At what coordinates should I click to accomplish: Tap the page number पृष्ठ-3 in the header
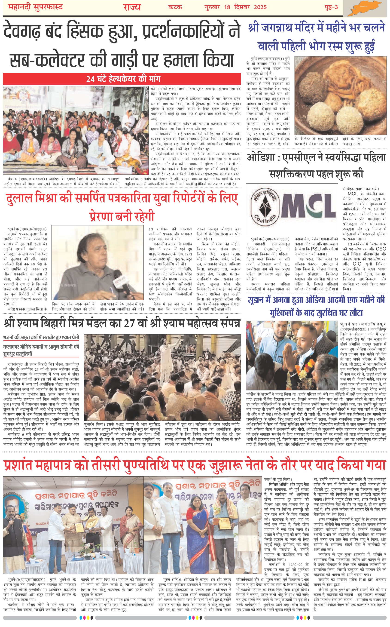click(x=331, y=7)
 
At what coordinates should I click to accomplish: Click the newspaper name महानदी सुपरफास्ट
click(x=36, y=7)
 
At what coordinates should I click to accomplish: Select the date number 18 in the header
click(x=227, y=7)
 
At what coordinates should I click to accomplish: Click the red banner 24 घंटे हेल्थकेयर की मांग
click(x=123, y=79)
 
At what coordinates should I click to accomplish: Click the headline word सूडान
click(x=258, y=300)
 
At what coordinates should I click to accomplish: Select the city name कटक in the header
click(x=175, y=7)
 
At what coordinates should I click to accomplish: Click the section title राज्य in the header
click(x=132, y=7)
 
